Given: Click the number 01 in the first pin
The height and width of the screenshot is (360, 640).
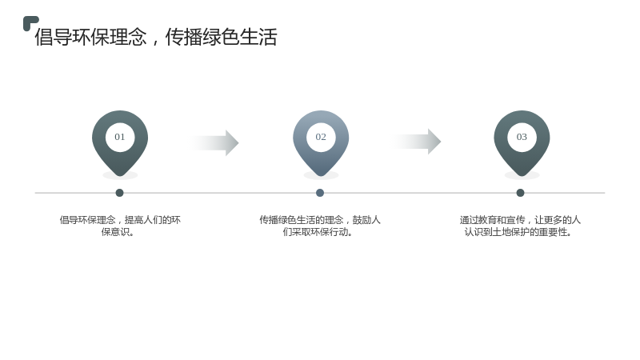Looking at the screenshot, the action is [119, 137].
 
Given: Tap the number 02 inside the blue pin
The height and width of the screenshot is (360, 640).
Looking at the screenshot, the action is [321, 137].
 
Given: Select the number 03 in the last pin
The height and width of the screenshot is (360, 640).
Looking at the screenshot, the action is [522, 137].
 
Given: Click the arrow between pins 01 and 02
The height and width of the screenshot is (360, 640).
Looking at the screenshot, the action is [214, 143].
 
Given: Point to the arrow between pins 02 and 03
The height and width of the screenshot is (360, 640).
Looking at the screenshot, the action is [417, 142].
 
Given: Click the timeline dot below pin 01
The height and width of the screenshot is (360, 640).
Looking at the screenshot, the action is [119, 193].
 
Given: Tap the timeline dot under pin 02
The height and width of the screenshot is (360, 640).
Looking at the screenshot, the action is [320, 193].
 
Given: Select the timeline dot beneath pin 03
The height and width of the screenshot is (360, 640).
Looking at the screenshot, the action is [521, 193].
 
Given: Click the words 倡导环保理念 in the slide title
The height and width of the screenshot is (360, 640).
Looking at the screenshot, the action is [90, 37].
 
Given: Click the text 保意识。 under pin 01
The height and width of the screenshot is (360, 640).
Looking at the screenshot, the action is [118, 232].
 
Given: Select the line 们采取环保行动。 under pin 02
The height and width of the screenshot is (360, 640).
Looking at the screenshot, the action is [318, 232].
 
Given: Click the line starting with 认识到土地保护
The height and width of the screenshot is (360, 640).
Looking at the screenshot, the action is [518, 232].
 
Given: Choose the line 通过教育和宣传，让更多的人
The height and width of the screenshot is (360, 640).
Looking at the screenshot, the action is [520, 220].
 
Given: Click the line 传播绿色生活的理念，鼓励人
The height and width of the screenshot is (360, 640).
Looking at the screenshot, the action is [320, 220].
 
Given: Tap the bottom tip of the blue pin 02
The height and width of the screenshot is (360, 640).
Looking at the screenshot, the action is [321, 176].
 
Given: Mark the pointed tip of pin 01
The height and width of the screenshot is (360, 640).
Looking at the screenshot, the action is [120, 176].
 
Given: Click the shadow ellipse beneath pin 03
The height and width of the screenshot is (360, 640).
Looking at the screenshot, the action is [522, 176].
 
